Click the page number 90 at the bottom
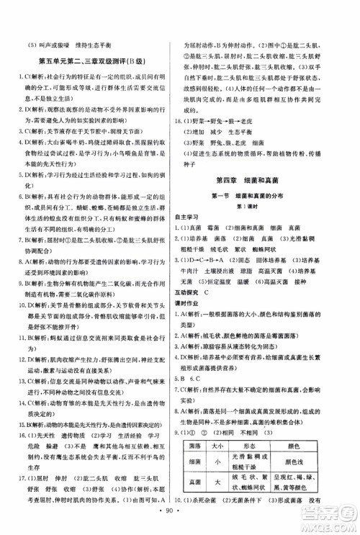(x=180, y=518)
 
